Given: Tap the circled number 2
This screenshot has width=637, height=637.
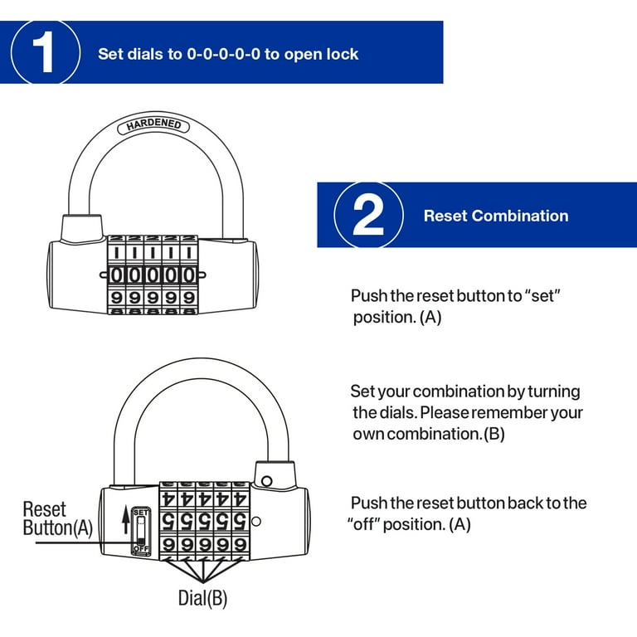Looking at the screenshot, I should pyautogui.click(x=368, y=216).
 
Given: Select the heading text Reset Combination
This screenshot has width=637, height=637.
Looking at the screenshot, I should pyautogui.click(x=496, y=216).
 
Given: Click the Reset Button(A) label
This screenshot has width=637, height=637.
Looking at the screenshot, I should pyautogui.click(x=56, y=518).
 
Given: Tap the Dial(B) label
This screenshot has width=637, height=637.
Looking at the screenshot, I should pyautogui.click(x=202, y=597).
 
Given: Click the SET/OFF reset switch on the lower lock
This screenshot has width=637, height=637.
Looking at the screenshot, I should pyautogui.click(x=140, y=530).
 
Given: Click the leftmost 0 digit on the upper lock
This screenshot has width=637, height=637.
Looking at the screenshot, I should pyautogui.click(x=117, y=275).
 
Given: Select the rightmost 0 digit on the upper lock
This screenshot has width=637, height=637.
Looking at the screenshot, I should pyautogui.click(x=190, y=275).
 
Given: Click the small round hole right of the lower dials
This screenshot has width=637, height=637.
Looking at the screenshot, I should pyautogui.click(x=256, y=522).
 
